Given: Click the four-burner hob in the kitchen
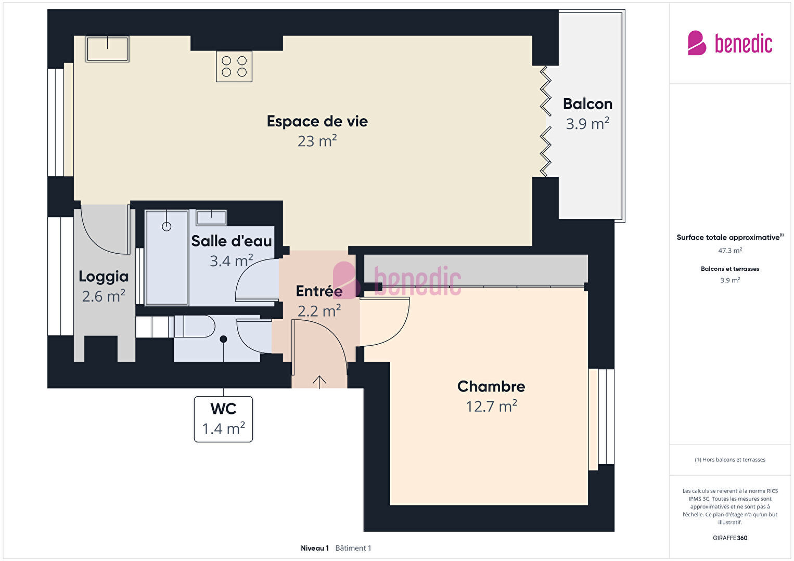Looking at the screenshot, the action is coord(234,67).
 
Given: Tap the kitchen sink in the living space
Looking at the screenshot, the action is coord(107,49).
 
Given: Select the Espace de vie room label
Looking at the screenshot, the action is coord(317,121).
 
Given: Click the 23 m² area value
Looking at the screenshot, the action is coord(317,141).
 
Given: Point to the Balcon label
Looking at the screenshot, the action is coord(588,104).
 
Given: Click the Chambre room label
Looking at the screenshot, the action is coord(491,386).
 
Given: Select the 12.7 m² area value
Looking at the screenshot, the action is coord(491,406).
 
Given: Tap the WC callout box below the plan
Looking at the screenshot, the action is coord(223,419).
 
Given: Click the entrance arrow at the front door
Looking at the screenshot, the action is coord(319,382).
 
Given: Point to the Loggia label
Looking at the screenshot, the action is coord(104,277).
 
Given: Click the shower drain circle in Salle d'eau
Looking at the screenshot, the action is coord(167,227).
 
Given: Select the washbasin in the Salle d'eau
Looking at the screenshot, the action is coord(211,217).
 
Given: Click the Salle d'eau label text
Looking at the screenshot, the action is coord(232,241).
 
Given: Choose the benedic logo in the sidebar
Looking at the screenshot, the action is coord(730,43).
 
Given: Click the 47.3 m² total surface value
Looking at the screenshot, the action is coord(730,251).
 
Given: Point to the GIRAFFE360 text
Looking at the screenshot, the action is coord(730,538).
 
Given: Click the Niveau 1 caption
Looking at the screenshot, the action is coord(315,548).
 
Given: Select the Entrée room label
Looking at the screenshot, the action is coord(319,291).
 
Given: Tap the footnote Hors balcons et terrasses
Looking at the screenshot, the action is coord(730,460).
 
